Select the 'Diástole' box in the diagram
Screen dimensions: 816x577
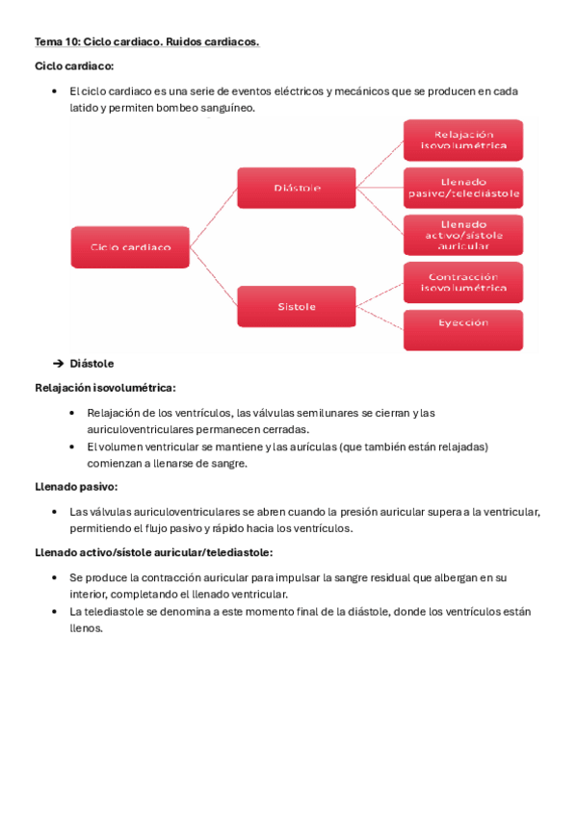pyautogui.click(x=297, y=187)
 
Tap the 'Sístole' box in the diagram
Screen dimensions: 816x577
pyautogui.click(x=297, y=307)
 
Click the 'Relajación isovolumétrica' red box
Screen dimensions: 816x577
pyautogui.click(x=462, y=140)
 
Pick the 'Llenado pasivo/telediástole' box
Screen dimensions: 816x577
pyautogui.click(x=462, y=188)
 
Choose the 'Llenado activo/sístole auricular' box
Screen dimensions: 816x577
pyautogui.click(x=462, y=234)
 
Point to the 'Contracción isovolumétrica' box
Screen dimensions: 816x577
pyautogui.click(x=462, y=281)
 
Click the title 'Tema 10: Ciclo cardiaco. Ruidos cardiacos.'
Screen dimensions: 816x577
pyautogui.click(x=146, y=42)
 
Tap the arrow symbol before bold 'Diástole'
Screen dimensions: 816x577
pyautogui.click(x=58, y=364)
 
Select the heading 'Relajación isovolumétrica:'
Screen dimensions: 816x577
pyautogui.click(x=105, y=388)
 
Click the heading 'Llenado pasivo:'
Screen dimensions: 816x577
pyautogui.click(x=76, y=487)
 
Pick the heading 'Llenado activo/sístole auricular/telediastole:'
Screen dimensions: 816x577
pyautogui.click(x=153, y=552)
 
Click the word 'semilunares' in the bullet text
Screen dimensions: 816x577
pyautogui.click(x=298, y=413)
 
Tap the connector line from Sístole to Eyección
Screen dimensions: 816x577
pyautogui.click(x=380, y=318)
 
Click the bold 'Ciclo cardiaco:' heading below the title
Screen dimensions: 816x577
pyautogui.click(x=74, y=66)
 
